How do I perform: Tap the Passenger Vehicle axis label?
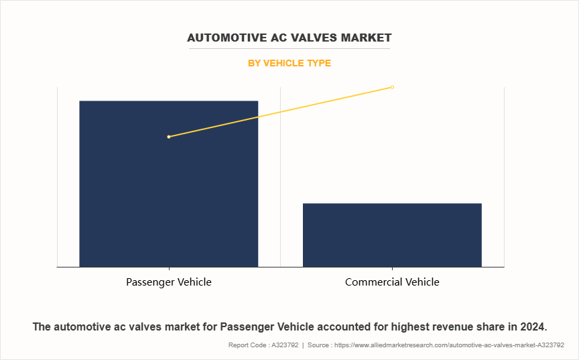[168, 282]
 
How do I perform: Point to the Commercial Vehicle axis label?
[392, 282]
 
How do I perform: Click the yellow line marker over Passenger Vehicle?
[169, 137]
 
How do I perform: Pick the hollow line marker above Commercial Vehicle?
[392, 87]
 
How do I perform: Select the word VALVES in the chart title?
[316, 38]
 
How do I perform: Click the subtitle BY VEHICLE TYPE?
[289, 64]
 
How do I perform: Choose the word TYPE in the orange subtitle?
[318, 64]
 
